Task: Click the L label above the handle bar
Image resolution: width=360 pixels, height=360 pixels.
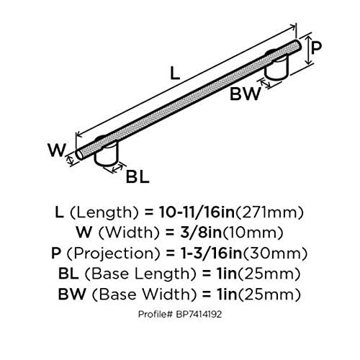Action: pyautogui.click(x=175, y=73)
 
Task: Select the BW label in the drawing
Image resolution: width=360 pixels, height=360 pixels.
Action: pyautogui.click(x=245, y=94)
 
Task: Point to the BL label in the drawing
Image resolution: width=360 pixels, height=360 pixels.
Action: pyautogui.click(x=138, y=176)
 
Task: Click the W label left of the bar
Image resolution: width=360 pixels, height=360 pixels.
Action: pyautogui.click(x=57, y=150)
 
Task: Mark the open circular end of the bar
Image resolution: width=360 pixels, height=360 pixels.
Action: pyautogui.click(x=79, y=155)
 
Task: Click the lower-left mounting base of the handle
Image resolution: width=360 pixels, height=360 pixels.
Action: pyautogui.click(x=107, y=153)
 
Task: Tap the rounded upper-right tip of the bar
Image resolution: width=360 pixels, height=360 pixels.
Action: pyautogui.click(x=298, y=45)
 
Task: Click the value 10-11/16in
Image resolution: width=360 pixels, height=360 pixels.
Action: pyautogui.click(x=197, y=212)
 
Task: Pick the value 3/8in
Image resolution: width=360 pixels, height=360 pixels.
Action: pyautogui.click(x=201, y=233)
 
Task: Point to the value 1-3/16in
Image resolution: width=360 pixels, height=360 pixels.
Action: pyautogui.click(x=211, y=253)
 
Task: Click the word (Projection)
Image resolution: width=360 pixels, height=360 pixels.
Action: pyautogui.click(x=113, y=253)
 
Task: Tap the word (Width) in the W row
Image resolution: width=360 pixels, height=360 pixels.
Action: pyautogui.click(x=130, y=233)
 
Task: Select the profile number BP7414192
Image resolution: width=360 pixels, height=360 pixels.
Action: pyautogui.click(x=199, y=314)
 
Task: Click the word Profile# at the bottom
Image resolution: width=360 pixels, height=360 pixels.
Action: pyautogui.click(x=156, y=314)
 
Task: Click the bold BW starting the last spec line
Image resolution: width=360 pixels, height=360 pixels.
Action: pyautogui.click(x=72, y=294)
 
